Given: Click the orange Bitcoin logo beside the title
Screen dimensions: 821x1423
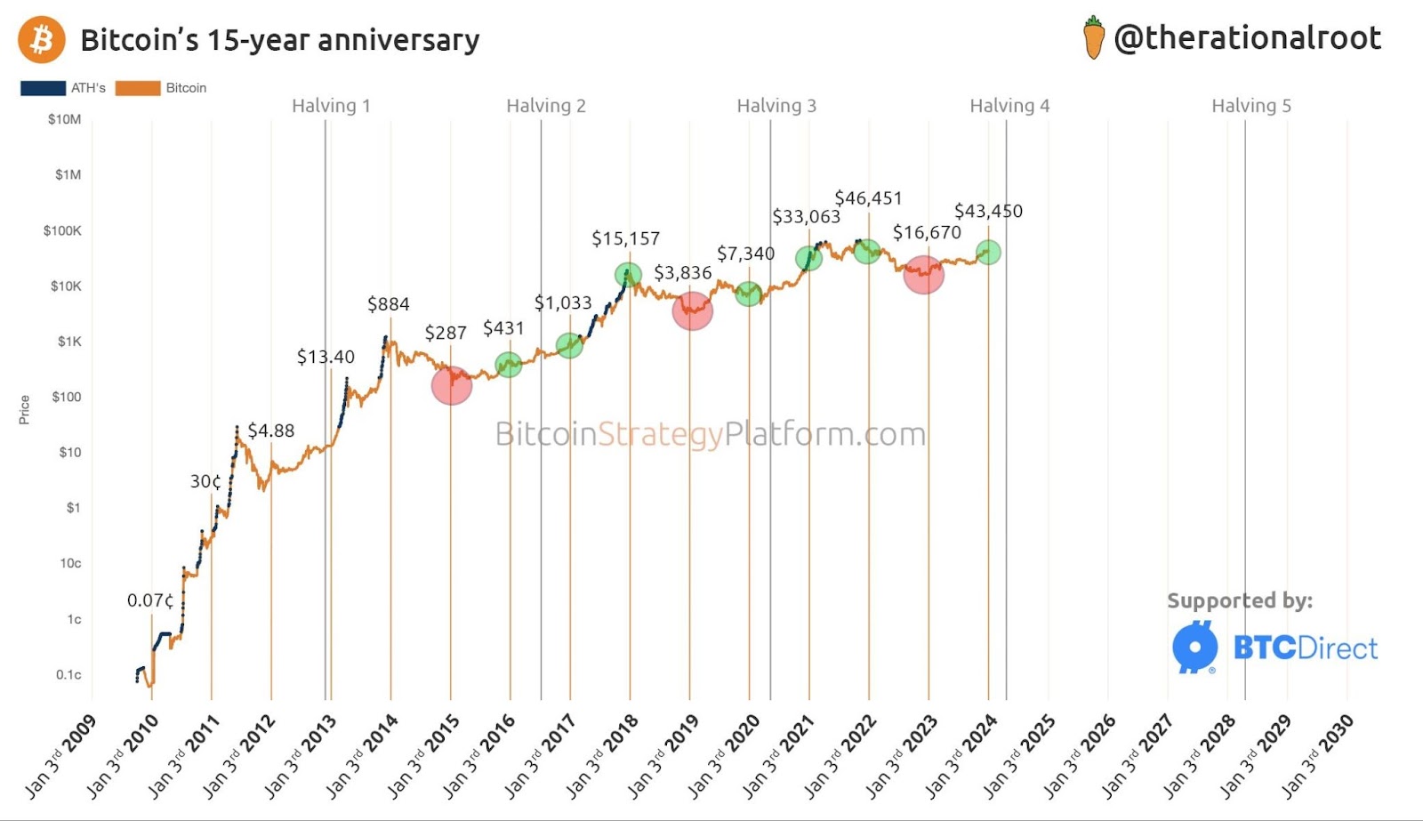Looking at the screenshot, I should pos(42,40).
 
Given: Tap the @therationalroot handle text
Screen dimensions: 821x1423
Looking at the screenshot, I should pos(1247,38).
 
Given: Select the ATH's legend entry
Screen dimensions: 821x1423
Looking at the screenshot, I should pos(63,88).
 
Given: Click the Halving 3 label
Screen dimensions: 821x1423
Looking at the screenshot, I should pos(776,106).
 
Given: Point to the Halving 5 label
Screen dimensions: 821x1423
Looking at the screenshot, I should pos(1250,106).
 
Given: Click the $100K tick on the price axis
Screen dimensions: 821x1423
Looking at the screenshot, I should pos(62,230).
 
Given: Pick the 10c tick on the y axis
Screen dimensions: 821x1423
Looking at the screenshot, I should pos(70,563).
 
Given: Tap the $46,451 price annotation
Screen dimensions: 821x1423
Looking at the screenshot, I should pos(868,197).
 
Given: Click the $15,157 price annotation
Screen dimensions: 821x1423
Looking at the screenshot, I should pos(625,238).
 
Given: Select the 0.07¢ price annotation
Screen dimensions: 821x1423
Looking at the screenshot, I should pos(150,600).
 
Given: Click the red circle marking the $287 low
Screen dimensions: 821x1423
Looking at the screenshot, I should pos(452,385).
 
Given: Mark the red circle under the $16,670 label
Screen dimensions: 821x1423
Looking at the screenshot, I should pos(924,274).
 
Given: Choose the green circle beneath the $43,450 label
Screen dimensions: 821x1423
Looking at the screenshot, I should pos(987,253).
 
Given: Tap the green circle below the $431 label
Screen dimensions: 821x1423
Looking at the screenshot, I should pos(508,364).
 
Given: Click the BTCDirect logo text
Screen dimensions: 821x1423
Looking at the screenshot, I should pos(1305,648).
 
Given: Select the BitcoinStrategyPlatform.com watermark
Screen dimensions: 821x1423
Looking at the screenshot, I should pos(710,434).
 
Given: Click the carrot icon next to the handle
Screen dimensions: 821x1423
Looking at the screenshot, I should pos(1093,38).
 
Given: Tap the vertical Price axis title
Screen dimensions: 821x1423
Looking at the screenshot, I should pos(24,409).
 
